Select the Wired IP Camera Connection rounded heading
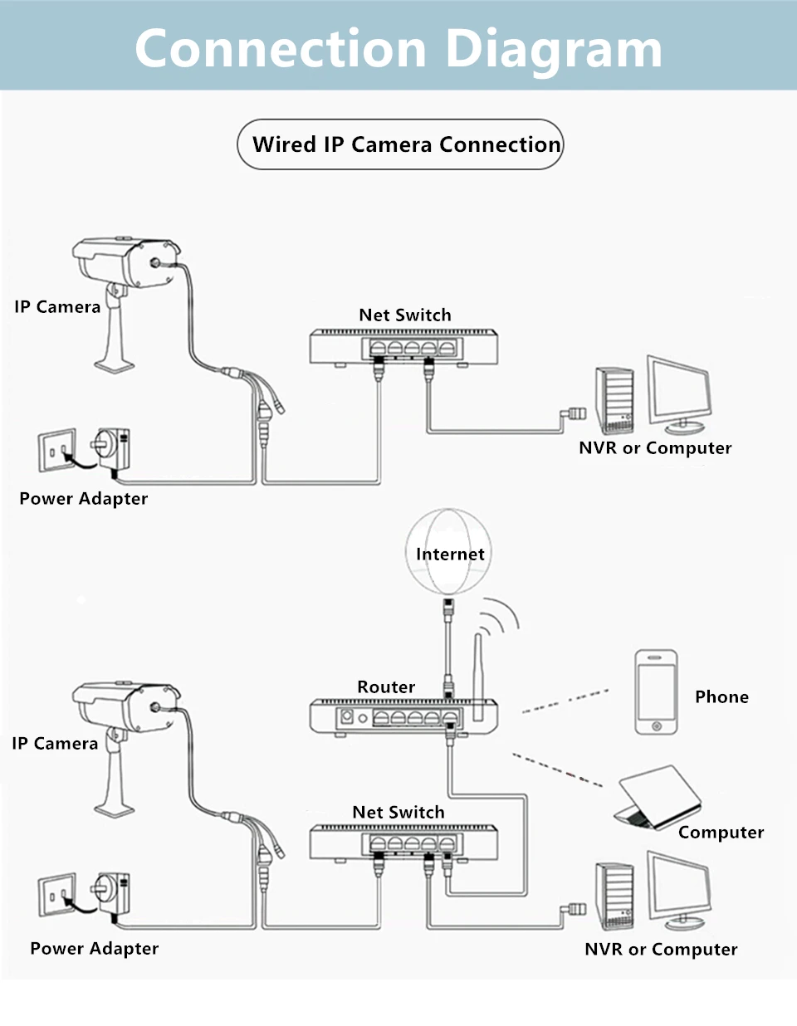(400, 144)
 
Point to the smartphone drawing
(656, 692)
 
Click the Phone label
(721, 697)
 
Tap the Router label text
(386, 687)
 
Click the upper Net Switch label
(405, 315)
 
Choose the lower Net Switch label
(398, 813)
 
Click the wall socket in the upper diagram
(57, 451)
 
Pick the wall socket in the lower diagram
(57, 896)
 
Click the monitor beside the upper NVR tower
(679, 395)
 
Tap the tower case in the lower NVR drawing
(615, 897)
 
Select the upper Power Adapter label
(84, 499)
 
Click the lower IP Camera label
(55, 744)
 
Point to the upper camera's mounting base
(114, 364)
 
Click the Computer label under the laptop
(721, 833)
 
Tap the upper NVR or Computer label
(655, 448)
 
